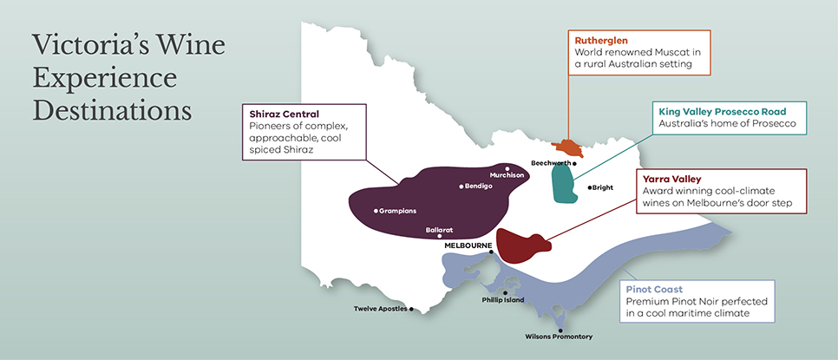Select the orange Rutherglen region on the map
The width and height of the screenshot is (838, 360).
(x=569, y=148)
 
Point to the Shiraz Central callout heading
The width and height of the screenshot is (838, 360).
(x=284, y=114)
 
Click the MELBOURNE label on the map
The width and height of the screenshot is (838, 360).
(x=468, y=245)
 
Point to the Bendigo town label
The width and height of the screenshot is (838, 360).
(x=478, y=186)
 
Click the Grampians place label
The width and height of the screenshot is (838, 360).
(x=399, y=211)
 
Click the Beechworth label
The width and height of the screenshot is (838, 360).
(x=551, y=162)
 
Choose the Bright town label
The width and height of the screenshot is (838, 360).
(x=605, y=187)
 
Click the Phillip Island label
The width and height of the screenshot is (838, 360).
(x=503, y=299)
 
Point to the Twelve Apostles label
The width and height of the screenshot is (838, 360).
(x=380, y=309)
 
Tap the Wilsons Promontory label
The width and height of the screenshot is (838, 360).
(x=560, y=337)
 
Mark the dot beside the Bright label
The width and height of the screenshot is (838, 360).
(x=589, y=187)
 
